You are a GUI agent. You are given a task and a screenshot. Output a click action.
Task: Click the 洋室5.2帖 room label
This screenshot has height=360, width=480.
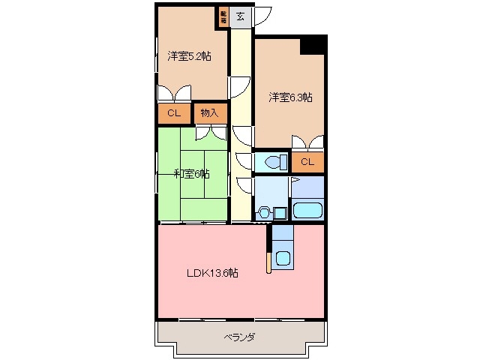click(189, 55)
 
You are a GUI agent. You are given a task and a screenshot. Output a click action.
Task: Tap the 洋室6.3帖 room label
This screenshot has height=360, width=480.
click(291, 97)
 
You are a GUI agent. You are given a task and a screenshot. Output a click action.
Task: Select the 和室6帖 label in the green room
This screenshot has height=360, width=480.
click(191, 174)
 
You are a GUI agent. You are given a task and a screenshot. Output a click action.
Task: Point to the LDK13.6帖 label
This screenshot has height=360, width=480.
click(212, 273)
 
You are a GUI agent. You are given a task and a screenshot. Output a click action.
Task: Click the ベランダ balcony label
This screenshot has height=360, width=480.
click(239, 337)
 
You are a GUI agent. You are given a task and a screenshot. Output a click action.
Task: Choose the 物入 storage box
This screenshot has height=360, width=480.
click(209, 113)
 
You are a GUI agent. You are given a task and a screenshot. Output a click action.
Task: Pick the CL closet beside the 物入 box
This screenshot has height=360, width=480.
click(174, 113)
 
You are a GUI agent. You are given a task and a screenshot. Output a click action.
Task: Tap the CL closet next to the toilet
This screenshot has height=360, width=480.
click(307, 161)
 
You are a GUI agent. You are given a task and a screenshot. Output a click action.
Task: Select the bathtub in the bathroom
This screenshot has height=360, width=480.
click(307, 209)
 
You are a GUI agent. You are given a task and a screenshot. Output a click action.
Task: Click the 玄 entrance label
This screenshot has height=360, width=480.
click(240, 16)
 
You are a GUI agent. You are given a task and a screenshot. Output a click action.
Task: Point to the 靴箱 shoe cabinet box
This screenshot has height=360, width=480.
click(223, 16)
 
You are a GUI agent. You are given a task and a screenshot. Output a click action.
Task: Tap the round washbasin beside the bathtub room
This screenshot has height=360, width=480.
click(263, 212)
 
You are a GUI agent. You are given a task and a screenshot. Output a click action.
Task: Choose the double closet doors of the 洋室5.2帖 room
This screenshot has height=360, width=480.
click(174, 94)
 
